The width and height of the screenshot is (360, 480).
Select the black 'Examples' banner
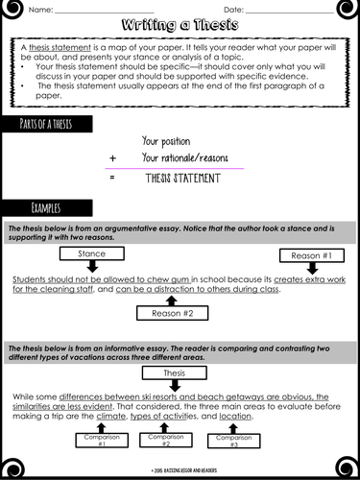point(47,207)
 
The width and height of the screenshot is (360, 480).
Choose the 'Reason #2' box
point(173,313)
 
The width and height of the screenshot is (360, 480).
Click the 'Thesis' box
point(173,372)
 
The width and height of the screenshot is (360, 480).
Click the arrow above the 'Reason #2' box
point(173,299)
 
